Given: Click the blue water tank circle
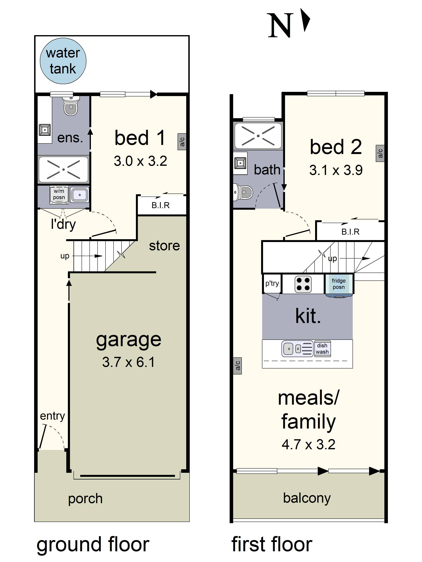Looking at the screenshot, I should [63, 61].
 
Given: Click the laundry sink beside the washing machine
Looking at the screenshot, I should [80, 195].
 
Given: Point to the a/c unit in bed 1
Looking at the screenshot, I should [182, 142].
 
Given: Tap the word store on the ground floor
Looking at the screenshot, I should [164, 246].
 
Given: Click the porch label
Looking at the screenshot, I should [85, 498].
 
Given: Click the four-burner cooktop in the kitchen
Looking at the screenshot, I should [303, 284].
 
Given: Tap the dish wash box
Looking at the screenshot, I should [322, 349].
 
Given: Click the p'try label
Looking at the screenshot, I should [272, 283].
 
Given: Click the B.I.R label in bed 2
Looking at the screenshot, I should [350, 232].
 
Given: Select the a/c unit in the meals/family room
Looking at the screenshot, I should [237, 366].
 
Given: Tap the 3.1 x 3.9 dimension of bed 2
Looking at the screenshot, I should [336, 170].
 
